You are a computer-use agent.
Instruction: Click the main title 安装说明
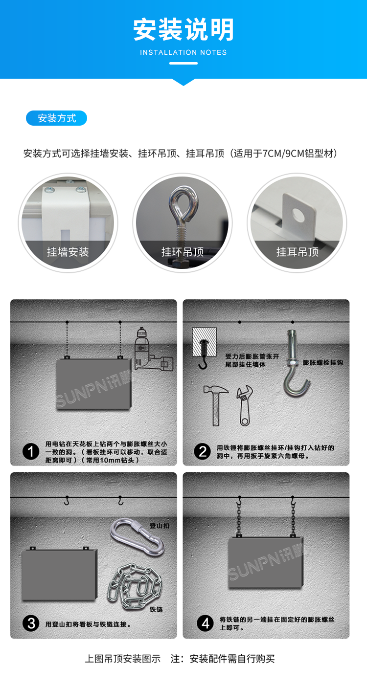coord(183,30)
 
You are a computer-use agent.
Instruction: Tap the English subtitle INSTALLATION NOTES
coord(183,52)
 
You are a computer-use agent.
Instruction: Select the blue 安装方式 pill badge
coord(56,118)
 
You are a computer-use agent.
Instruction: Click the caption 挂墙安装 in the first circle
coord(68,252)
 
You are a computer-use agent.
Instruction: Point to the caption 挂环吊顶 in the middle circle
coord(183,252)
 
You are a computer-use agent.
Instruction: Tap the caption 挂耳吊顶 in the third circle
coord(297,252)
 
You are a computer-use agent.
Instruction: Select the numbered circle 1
coord(31,452)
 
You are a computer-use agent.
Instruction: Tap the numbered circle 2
coord(203,451)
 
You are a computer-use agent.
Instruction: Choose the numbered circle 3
coord(31,623)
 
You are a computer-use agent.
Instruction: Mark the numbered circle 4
coord(205,623)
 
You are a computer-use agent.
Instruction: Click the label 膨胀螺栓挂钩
coord(323,362)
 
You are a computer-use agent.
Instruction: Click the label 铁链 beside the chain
coord(156,609)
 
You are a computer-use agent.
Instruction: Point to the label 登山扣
coord(160,526)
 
